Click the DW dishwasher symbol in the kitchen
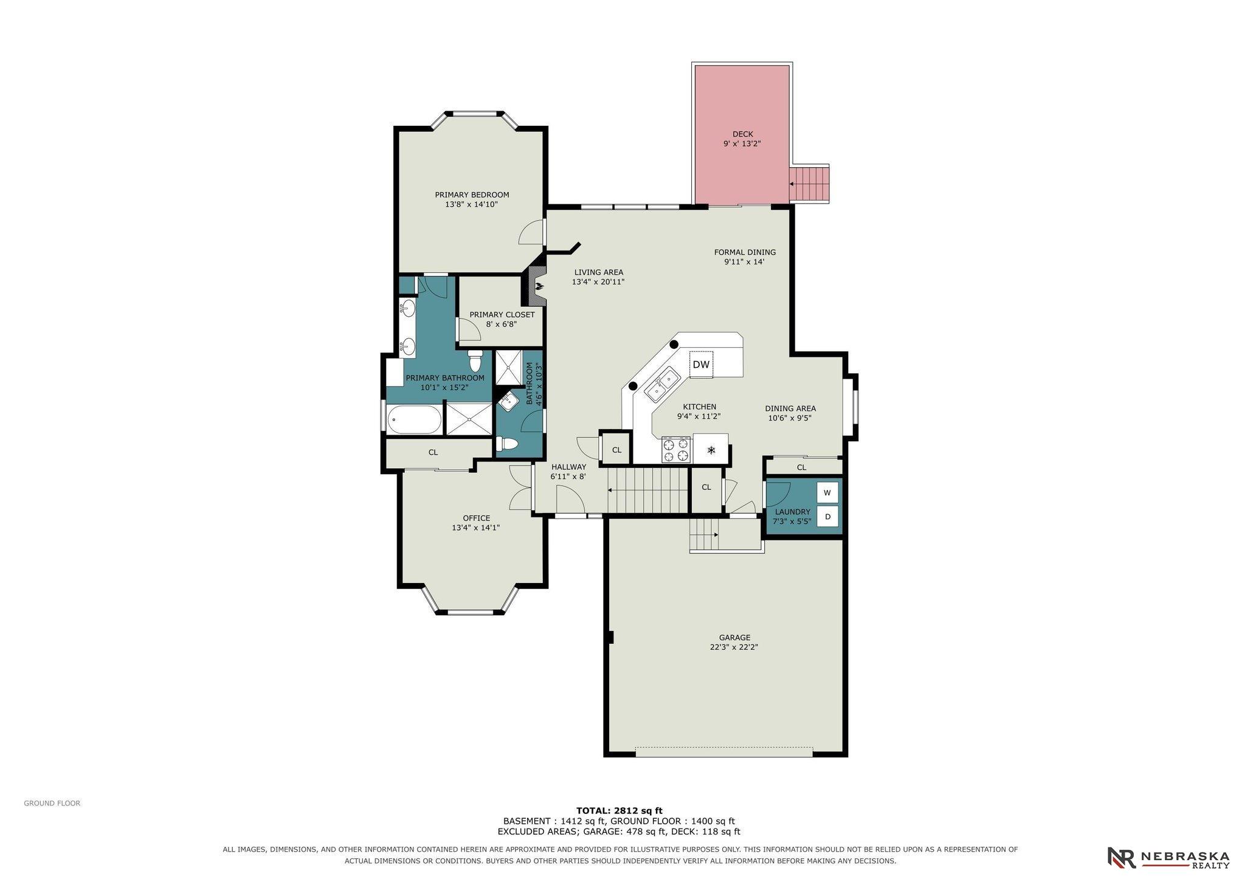click(x=701, y=365)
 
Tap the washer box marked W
click(x=827, y=492)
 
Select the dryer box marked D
click(x=827, y=517)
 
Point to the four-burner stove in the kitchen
click(x=677, y=450)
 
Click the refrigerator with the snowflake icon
click(x=711, y=450)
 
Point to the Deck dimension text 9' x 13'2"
click(x=742, y=144)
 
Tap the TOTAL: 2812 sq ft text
click(x=619, y=810)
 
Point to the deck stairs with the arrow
click(x=809, y=184)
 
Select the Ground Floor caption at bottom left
click(x=52, y=803)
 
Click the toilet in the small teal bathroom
click(x=506, y=444)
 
